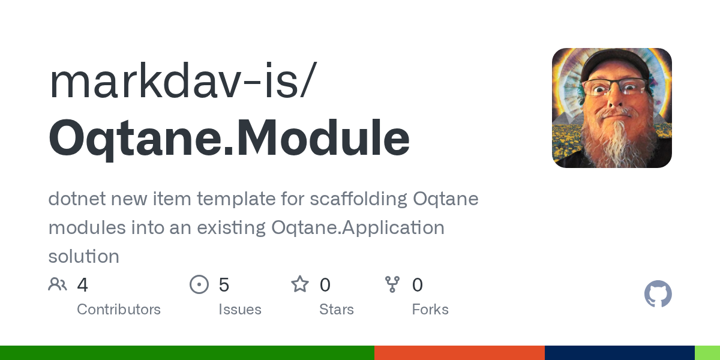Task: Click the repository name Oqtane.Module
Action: point(229,139)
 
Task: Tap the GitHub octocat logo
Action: point(658,294)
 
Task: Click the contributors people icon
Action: point(58,284)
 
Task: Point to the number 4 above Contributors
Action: point(83,285)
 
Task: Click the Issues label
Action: point(240,310)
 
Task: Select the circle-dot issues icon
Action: point(199,284)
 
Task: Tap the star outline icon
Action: point(299,284)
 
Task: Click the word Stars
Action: point(337,310)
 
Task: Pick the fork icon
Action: point(392,284)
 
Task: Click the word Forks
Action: point(430,310)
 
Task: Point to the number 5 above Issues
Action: point(224,285)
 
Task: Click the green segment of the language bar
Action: point(187,353)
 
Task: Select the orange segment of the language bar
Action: point(459,353)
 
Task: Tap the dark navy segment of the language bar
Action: point(619,353)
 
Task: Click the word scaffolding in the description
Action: point(358,199)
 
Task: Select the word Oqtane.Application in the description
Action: point(358,228)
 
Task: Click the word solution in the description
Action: point(83,257)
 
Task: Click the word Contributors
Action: point(119,310)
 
